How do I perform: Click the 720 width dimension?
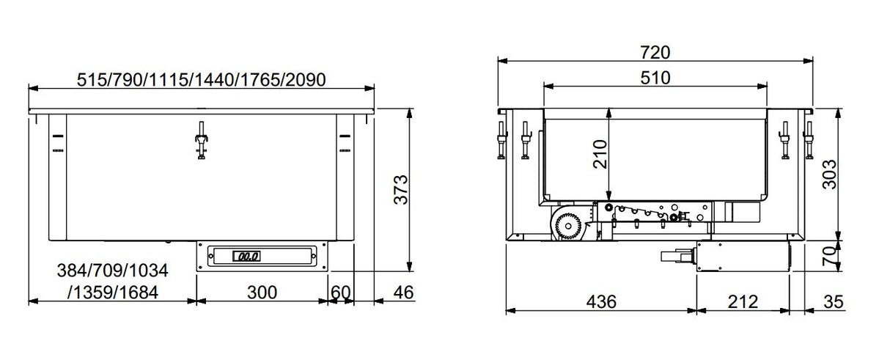[x=655, y=52]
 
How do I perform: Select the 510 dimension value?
[x=655, y=77]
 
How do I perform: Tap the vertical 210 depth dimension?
[x=600, y=155]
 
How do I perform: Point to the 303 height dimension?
[x=828, y=175]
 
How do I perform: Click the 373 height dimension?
[x=400, y=190]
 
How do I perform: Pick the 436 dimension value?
[x=600, y=301]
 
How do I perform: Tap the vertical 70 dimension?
[x=828, y=256]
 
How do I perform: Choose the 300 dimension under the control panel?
[x=261, y=293]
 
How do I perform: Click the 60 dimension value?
[x=340, y=293]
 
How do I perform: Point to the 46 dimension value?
[x=403, y=293]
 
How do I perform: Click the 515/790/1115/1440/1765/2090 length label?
[x=201, y=78]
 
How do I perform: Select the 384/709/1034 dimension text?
[x=112, y=271]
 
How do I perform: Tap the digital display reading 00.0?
[x=245, y=257]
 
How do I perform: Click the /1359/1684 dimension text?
[x=112, y=293]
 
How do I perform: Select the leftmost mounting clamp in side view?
[x=501, y=139]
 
